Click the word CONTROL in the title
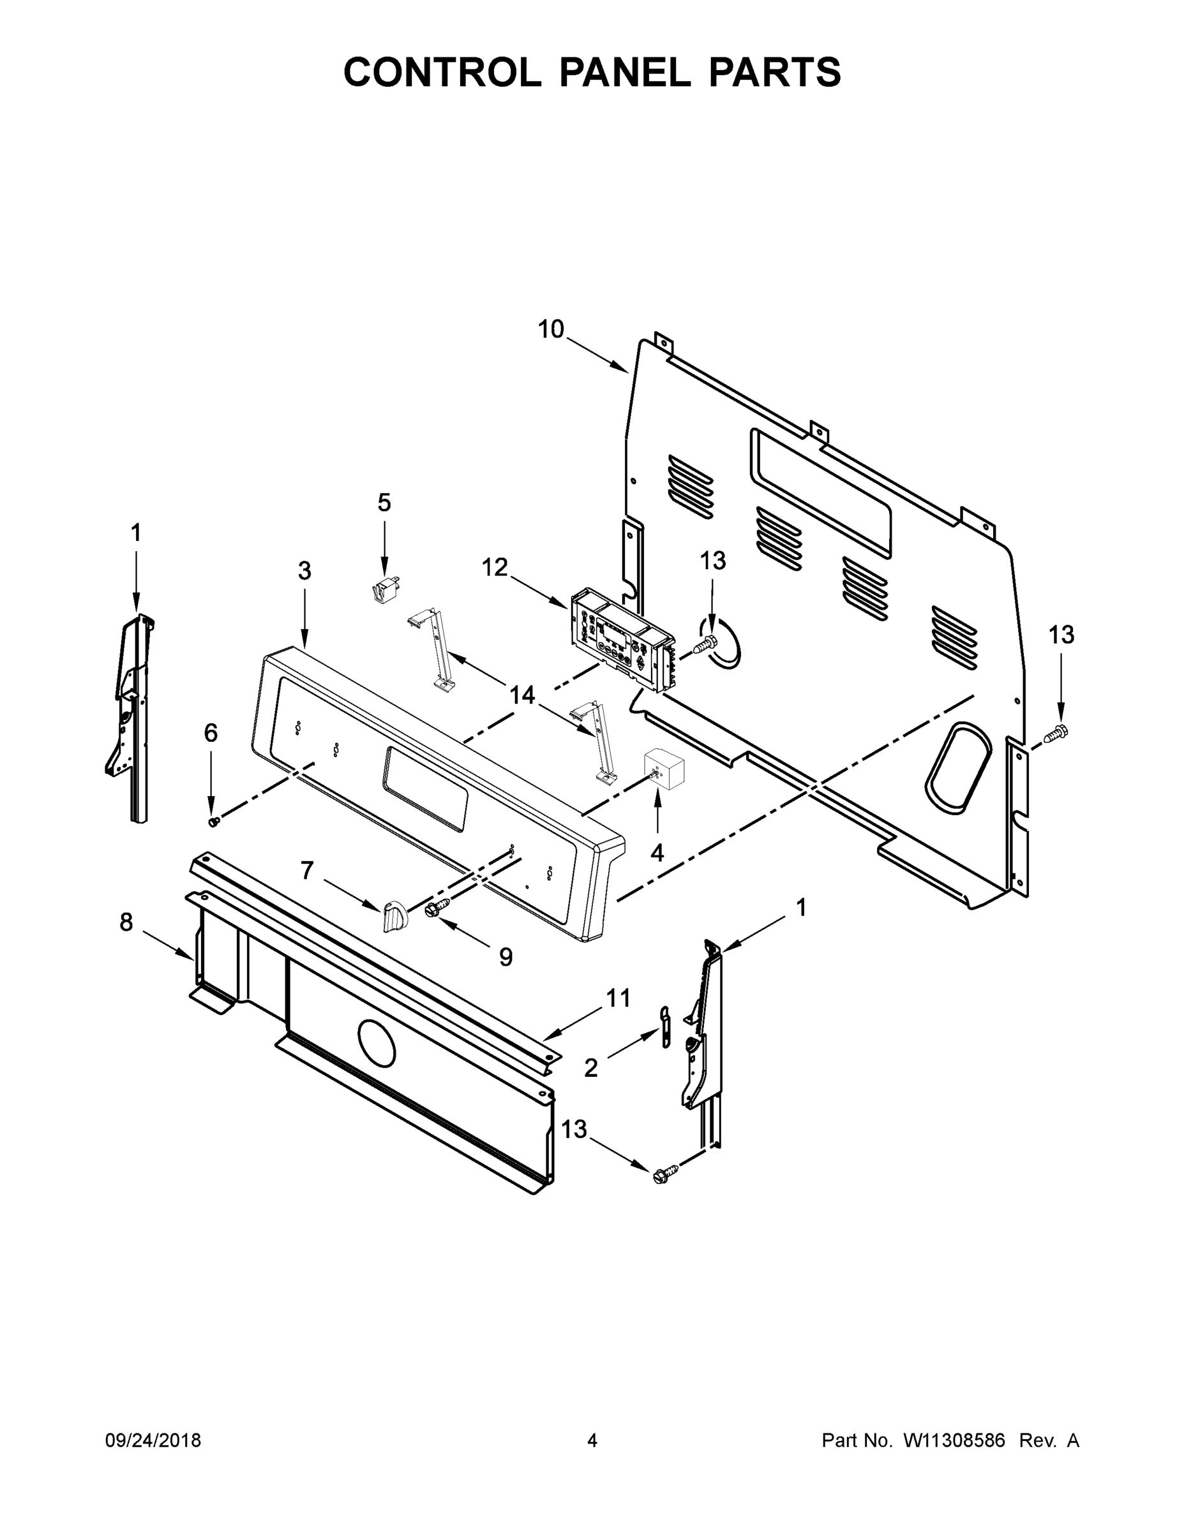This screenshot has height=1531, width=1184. pos(442,72)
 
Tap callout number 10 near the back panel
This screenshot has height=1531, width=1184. pos(551,329)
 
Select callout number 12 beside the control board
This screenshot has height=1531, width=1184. pos(495,567)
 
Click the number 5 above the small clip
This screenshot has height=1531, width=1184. pos(384,503)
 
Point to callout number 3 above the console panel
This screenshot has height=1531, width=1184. pos(304,571)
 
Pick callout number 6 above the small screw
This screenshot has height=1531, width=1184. pos(211,733)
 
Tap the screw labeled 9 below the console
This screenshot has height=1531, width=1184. pos(433,909)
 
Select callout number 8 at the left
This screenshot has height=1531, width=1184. pos(126,922)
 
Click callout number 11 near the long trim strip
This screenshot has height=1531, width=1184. pos(618,998)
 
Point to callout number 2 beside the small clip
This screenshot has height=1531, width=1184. pos(590,1068)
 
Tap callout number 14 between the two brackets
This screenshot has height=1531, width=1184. pos(522,695)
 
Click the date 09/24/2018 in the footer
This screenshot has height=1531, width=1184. pos(153,1440)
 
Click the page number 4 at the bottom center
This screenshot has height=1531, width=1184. pos(592,1440)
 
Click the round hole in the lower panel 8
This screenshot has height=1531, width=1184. pos(377,1042)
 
